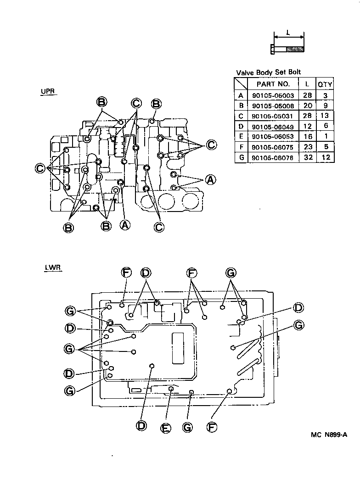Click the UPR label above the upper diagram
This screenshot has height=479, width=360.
coord(47,91)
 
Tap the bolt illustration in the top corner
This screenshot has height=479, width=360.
coord(287,49)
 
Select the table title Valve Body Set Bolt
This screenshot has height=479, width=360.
coord(269,72)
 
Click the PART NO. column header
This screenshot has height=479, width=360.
coord(273,84)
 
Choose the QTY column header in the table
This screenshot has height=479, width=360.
coord(325,84)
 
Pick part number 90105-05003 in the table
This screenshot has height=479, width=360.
coord(273,96)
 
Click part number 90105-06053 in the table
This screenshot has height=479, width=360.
coord(273,137)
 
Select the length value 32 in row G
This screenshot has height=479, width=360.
coord(307,157)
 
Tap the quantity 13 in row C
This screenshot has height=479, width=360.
coord(325,117)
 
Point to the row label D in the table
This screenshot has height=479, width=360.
coord(241,127)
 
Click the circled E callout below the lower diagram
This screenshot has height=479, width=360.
coord(166,428)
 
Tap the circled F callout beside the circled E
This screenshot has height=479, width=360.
coord(211,427)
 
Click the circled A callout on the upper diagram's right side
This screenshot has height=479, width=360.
coord(210,179)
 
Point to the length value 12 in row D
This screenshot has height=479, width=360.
coord(307,127)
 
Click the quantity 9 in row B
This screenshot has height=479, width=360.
coord(325,106)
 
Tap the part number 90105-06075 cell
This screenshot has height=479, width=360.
coord(273,147)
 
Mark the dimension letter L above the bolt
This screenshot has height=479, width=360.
coord(288,33)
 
